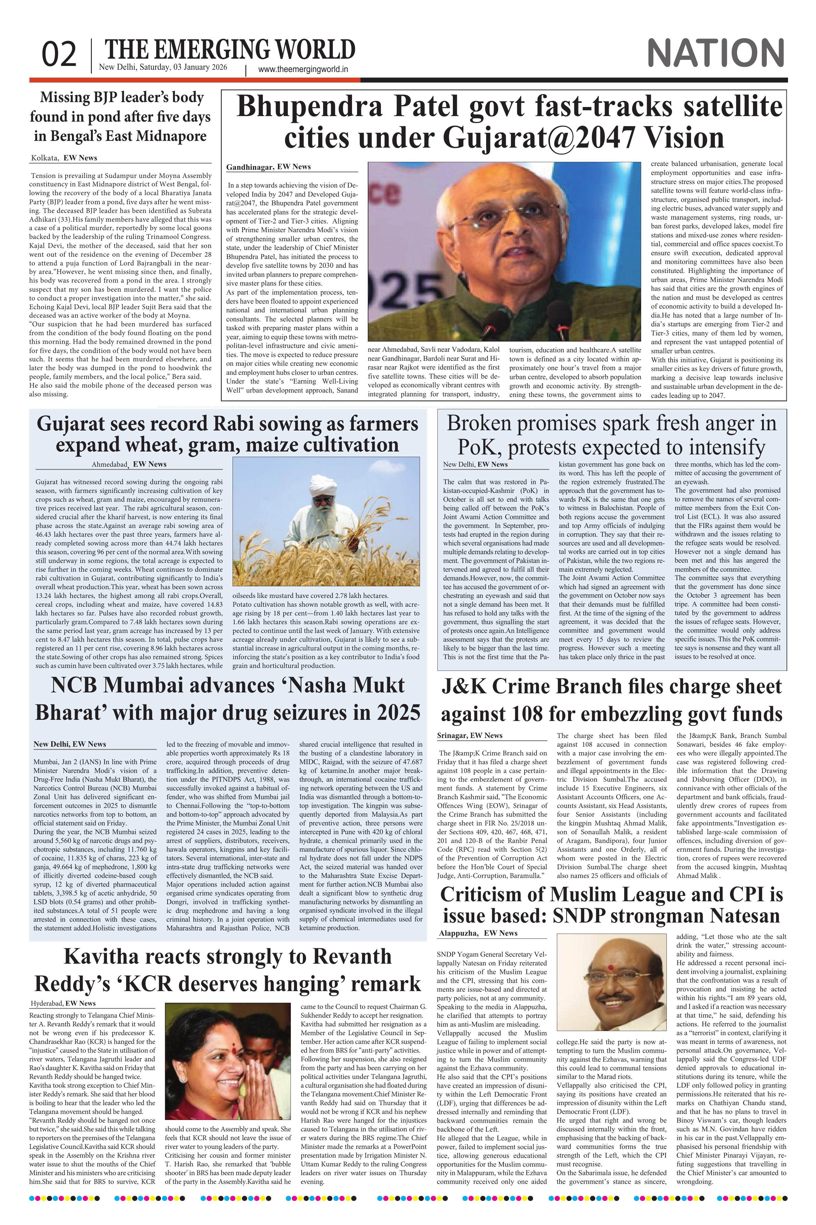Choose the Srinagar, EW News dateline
(x=470, y=735)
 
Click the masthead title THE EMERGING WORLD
(x=230, y=50)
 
